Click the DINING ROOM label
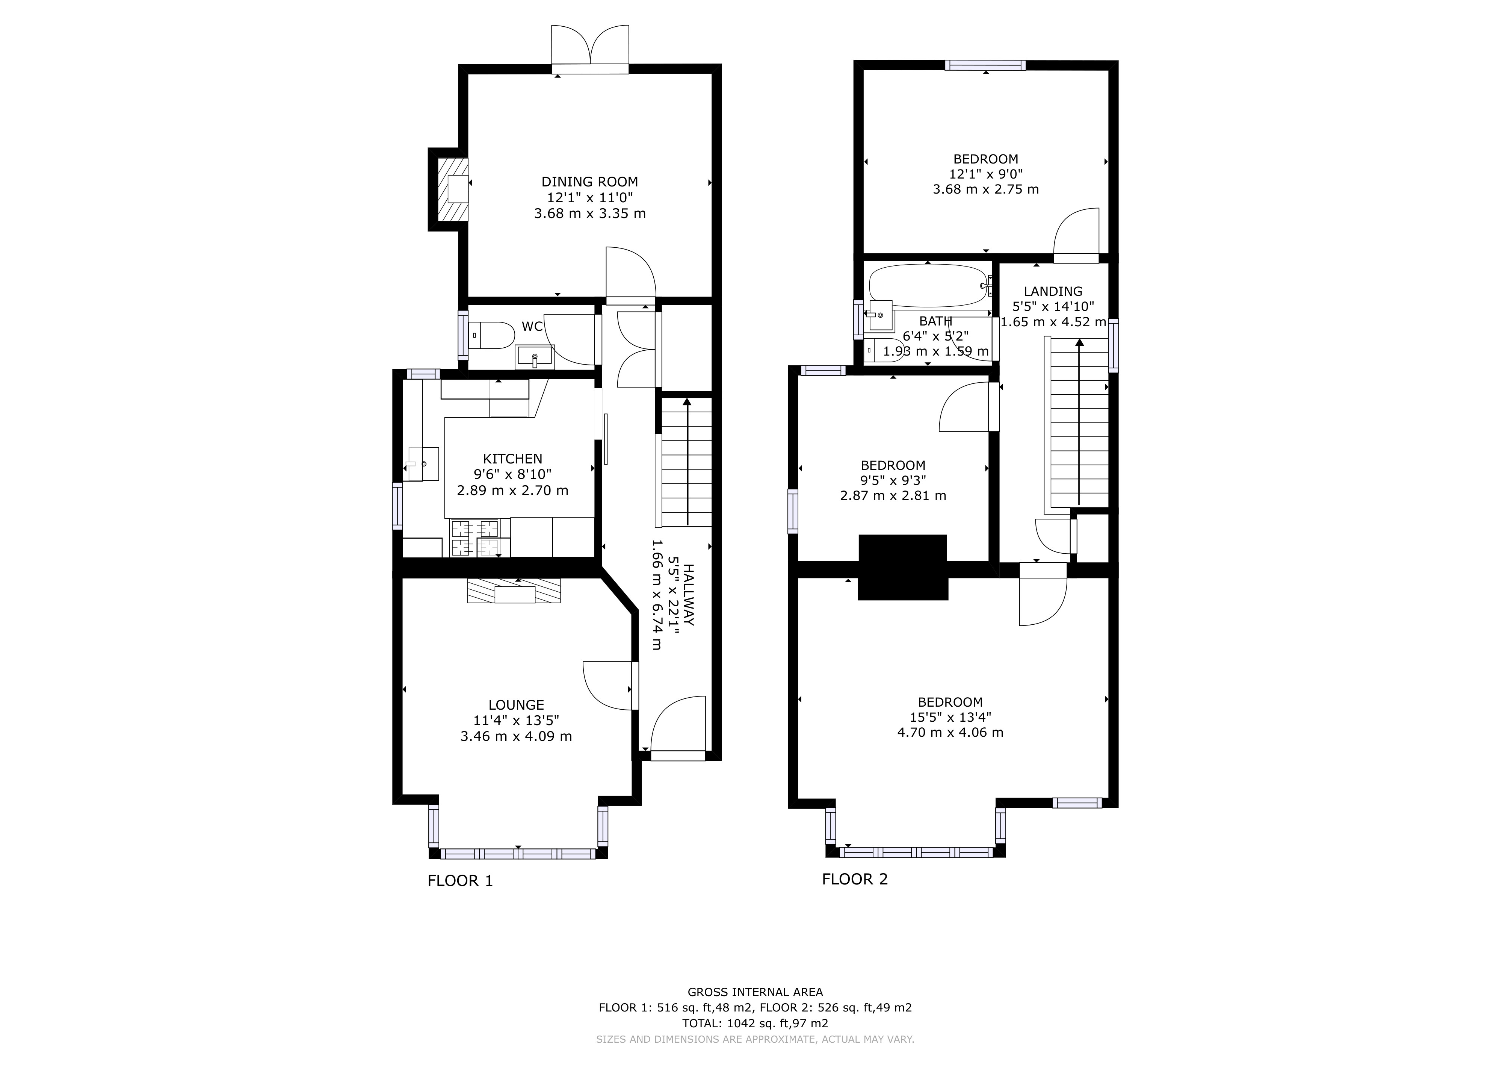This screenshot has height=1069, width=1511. coord(590,182)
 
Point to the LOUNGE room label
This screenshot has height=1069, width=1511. coord(516,705)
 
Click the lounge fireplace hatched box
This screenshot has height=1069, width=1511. coord(514,591)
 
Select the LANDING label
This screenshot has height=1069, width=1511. coord(1053,291)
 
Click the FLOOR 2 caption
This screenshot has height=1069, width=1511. coord(855,880)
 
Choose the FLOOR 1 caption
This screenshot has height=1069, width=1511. coord(460,881)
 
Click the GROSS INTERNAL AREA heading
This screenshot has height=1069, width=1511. coord(755,992)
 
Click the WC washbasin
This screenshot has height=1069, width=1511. coord(534,357)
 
